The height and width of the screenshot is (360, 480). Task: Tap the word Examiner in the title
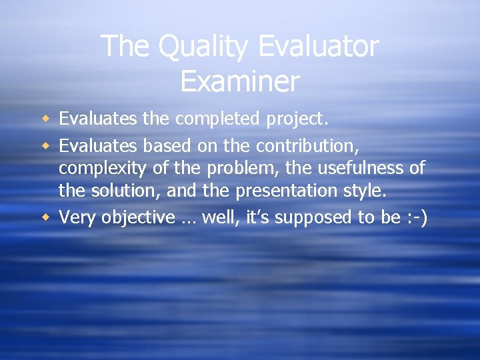pos(240,81)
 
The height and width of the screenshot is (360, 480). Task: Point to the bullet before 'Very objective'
pos(45,217)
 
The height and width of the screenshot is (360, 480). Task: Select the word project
pos(297,119)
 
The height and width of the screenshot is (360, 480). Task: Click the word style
pos(363,191)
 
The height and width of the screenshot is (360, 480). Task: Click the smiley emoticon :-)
pos(416,217)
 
